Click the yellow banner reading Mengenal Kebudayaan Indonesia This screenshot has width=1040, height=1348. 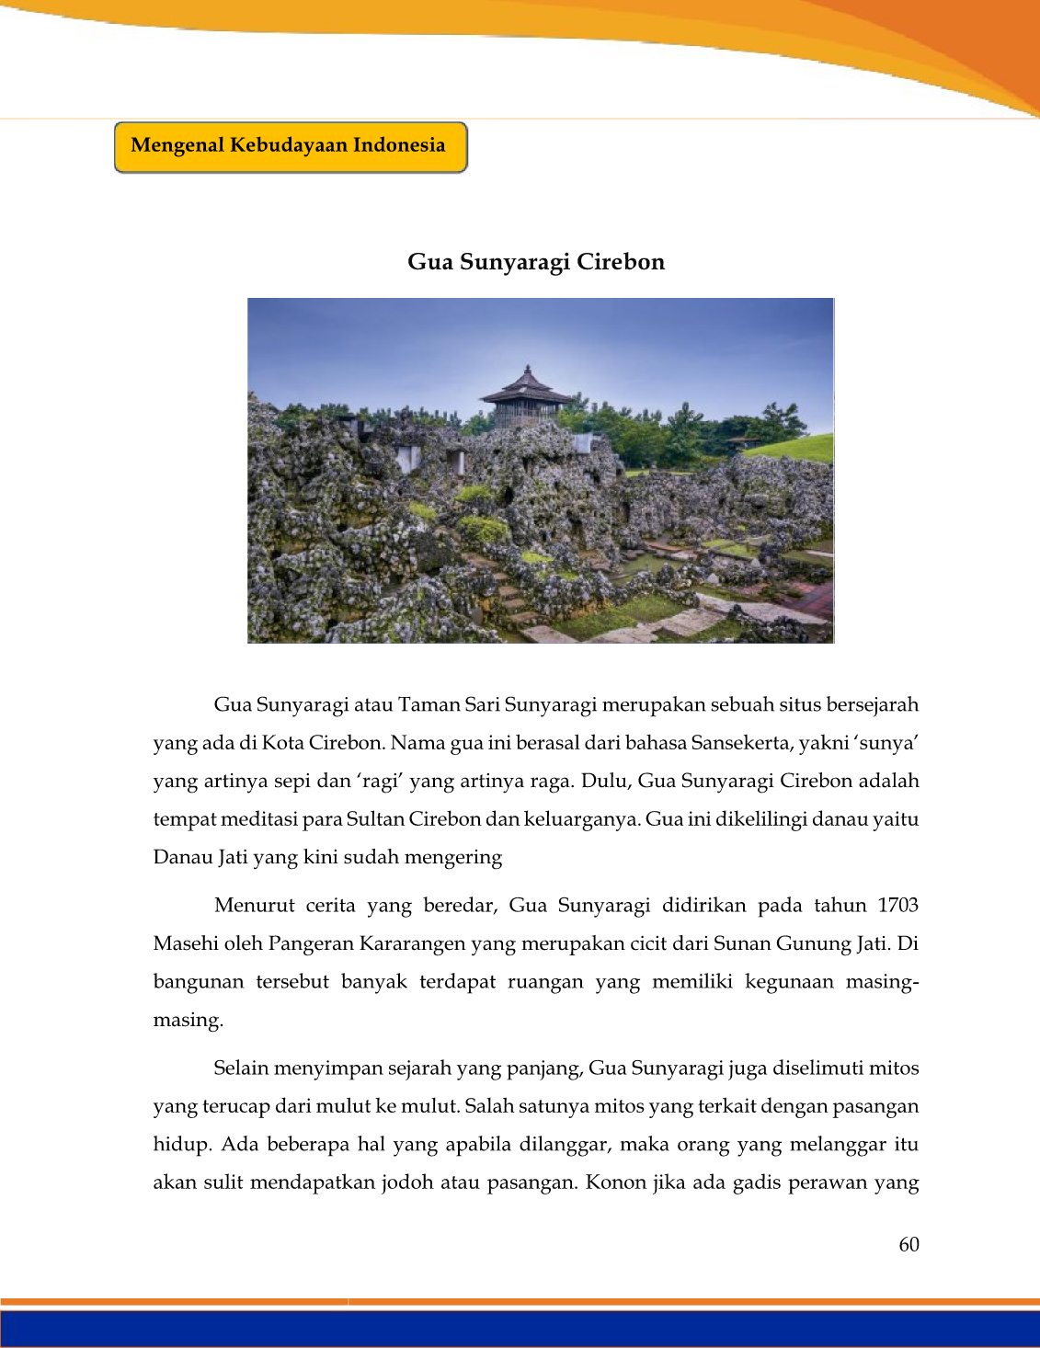tap(290, 146)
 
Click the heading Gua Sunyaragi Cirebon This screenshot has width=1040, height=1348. tap(536, 262)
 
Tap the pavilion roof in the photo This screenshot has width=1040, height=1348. tap(527, 387)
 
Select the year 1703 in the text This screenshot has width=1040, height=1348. tap(897, 906)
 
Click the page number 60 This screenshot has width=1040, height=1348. tap(909, 1245)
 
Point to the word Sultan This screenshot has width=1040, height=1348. tap(375, 819)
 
